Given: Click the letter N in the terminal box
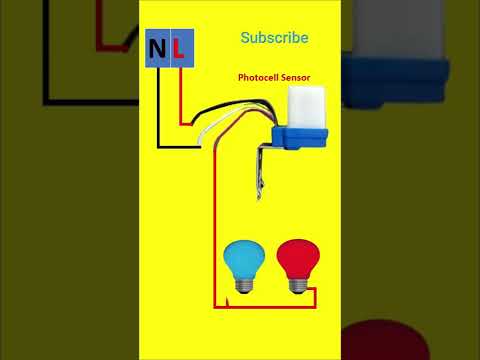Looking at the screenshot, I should click(158, 50).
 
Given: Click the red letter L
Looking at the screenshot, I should click(178, 50).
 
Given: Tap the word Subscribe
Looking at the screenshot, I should click(274, 38).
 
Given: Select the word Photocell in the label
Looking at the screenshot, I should click(262, 77).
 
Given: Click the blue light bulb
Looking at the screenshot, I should click(242, 262).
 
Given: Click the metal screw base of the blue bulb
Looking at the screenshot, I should click(242, 287).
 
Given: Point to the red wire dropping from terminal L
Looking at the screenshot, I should click(180, 100).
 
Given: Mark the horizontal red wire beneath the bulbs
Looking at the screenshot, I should click(265, 305).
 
